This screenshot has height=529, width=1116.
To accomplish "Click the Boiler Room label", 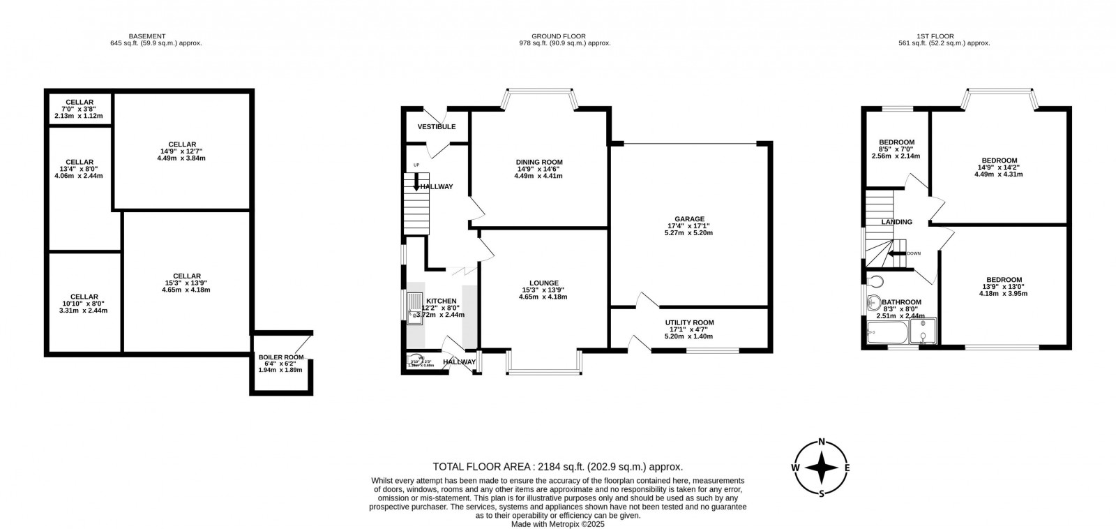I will click(280, 357).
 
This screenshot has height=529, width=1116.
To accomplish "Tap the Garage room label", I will click(688, 218).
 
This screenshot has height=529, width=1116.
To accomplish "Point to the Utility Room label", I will click(689, 322).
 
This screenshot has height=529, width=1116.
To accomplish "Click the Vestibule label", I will click(437, 127).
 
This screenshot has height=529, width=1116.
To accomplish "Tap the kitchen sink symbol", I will click(415, 307).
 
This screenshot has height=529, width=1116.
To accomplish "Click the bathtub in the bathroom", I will click(886, 334).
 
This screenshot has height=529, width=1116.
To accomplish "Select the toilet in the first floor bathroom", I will click(875, 281).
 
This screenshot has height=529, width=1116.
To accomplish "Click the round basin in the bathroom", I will click(873, 304).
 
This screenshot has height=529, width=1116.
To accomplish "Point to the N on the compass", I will click(822, 441).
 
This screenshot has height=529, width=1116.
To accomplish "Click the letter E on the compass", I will click(847, 468).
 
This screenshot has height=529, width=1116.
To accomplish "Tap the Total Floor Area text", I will click(557, 467).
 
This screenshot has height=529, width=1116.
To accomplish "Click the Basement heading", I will click(146, 36).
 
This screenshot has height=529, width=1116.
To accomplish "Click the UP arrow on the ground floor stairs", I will click(417, 183).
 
